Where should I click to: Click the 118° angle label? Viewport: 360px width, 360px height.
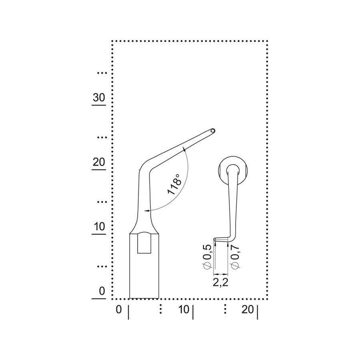(x=174, y=184)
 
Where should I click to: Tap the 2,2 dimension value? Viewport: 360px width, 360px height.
(x=221, y=282)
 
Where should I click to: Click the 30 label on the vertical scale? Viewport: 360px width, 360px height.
(x=99, y=98)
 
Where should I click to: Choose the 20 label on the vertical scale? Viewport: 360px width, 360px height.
(x=99, y=162)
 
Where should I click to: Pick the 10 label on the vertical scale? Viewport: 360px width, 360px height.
(x=100, y=227)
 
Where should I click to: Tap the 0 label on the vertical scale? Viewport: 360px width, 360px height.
(x=102, y=291)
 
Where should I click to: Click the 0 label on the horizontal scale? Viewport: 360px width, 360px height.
(x=119, y=310)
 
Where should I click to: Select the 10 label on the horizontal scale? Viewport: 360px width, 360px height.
(x=184, y=310)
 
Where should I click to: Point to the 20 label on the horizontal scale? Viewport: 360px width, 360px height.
(x=248, y=310)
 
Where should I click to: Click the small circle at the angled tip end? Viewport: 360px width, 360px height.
(x=213, y=131)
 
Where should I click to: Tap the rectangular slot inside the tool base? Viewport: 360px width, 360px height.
(x=144, y=242)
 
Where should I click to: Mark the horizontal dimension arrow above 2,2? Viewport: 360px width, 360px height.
(x=221, y=274)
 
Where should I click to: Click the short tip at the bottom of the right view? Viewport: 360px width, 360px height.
(x=221, y=239)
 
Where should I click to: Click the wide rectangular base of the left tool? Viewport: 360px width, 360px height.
(x=144, y=266)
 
